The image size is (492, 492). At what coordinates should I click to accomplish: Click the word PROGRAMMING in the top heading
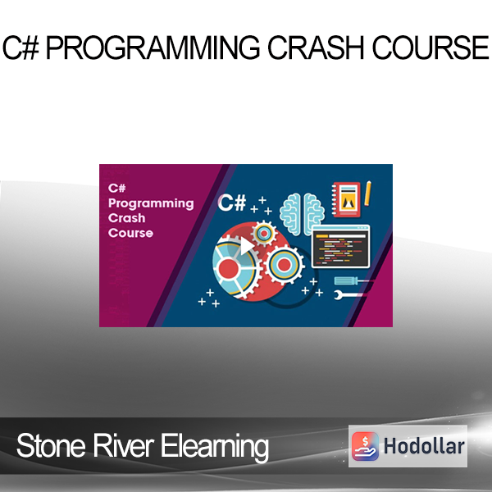click(x=153, y=48)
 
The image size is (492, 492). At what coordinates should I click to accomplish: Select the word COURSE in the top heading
click(x=430, y=48)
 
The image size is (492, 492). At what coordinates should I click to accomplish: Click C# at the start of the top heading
click(x=20, y=48)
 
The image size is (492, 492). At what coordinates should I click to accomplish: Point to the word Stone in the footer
click(x=51, y=446)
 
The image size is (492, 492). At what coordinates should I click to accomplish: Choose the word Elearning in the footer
click(x=215, y=447)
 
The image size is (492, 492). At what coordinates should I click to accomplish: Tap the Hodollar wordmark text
click(x=424, y=446)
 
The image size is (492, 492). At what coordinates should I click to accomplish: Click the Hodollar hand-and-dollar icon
click(x=365, y=446)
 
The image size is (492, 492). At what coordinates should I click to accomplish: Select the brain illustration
click(x=302, y=214)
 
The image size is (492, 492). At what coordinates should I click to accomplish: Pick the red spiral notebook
click(x=346, y=199)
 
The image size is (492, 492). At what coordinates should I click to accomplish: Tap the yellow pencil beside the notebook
click(x=367, y=194)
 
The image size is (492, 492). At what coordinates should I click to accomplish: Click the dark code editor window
click(x=340, y=246)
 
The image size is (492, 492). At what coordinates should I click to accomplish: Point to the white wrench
click(x=348, y=295)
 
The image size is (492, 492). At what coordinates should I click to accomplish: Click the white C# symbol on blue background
click(x=232, y=203)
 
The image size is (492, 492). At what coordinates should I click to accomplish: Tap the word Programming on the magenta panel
click(x=151, y=204)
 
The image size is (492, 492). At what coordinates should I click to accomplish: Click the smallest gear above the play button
click(x=264, y=234)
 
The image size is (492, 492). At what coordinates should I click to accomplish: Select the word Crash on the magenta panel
click(x=126, y=218)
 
